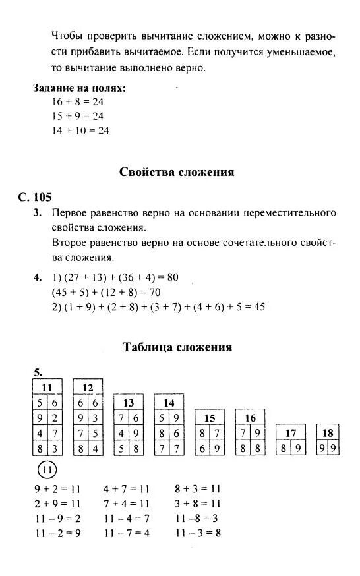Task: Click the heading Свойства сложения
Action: [x=177, y=173]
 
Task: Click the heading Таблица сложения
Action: [x=177, y=347]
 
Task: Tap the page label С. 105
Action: [x=35, y=197]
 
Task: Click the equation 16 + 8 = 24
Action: [x=78, y=102]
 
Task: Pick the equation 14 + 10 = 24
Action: [x=80, y=130]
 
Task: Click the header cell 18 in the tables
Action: [x=327, y=433]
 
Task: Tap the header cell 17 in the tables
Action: [x=290, y=433]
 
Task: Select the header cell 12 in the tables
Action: [x=88, y=388]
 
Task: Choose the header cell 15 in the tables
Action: [x=210, y=418]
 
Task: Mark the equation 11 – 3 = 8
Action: [x=198, y=533]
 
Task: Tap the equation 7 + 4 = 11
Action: [x=127, y=504]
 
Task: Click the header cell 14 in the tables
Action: [x=169, y=403]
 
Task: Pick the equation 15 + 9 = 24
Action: [x=78, y=116]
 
